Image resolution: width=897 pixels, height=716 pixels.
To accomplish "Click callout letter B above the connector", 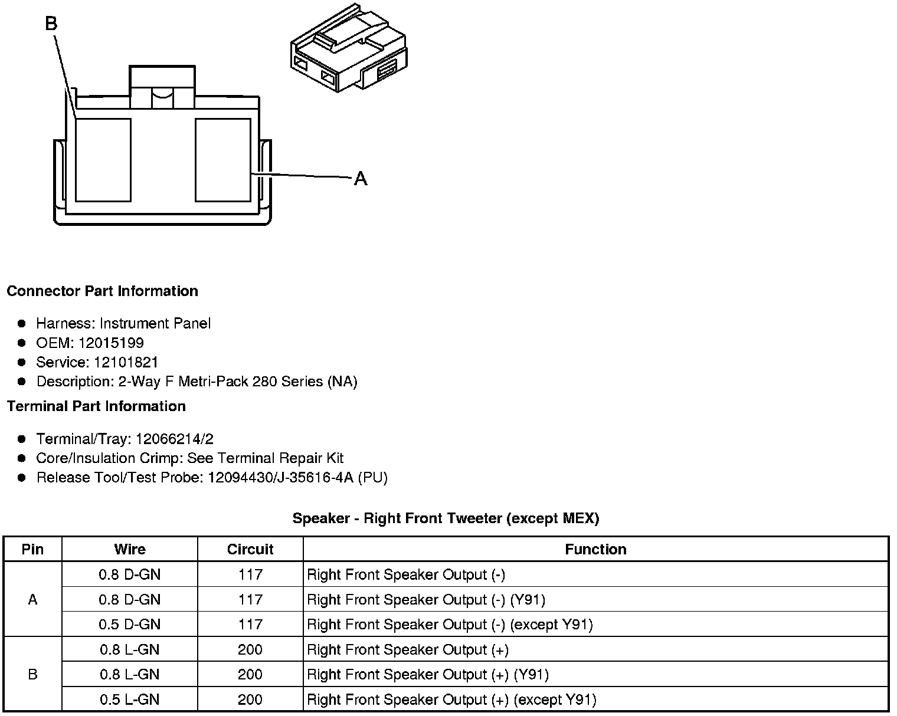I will pyautogui.click(x=51, y=24).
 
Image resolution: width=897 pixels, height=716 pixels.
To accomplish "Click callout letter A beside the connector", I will pyautogui.click(x=360, y=178).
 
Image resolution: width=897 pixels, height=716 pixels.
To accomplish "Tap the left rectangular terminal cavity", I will pyautogui.click(x=103, y=160).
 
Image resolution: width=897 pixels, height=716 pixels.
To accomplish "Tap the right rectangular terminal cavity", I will pyautogui.click(x=223, y=160).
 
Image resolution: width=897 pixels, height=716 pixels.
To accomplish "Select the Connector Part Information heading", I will pyautogui.click(x=102, y=291).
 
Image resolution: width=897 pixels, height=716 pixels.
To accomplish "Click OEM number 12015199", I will pyautogui.click(x=111, y=343).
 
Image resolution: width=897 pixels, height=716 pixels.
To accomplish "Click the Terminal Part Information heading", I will pyautogui.click(x=96, y=406).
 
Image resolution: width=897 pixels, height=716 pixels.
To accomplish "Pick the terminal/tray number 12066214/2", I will pyautogui.click(x=175, y=439).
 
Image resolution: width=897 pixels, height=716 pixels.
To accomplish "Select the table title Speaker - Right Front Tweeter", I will pyautogui.click(x=446, y=518).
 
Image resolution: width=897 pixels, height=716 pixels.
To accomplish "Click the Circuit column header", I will pyautogui.click(x=250, y=550).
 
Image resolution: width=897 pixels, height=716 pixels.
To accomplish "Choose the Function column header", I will pyautogui.click(x=595, y=550).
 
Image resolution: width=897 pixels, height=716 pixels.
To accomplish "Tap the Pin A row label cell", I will pyautogui.click(x=32, y=600).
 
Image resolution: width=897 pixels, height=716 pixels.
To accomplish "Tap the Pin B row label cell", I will pyautogui.click(x=32, y=674).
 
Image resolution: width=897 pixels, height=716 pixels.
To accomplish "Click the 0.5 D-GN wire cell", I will pyautogui.click(x=130, y=625).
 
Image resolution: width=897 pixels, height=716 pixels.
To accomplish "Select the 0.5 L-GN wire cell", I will pyautogui.click(x=130, y=699).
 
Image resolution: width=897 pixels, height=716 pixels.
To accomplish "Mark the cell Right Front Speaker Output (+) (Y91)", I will pyautogui.click(x=428, y=675).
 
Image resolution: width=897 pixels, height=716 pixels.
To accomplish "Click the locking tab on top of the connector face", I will pyautogui.click(x=162, y=87).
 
